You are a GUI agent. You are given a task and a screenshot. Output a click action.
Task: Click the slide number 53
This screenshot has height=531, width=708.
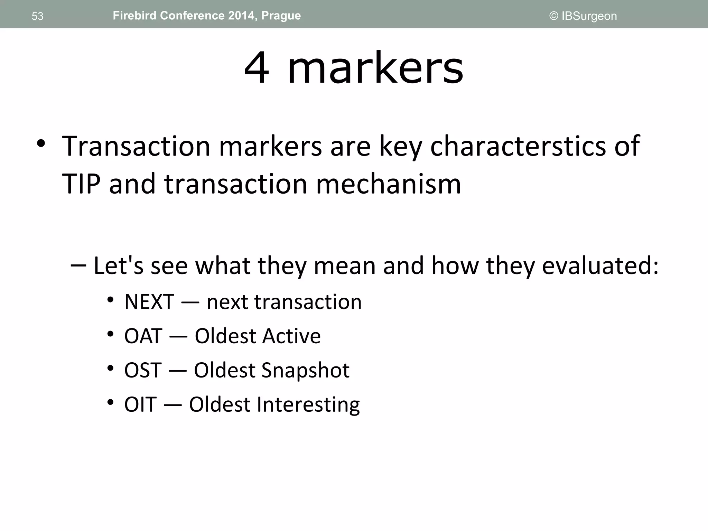(x=37, y=16)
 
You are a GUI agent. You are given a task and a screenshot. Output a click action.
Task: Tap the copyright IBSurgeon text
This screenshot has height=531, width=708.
(x=583, y=16)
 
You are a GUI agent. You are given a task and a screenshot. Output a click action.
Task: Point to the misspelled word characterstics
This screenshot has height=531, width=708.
(x=518, y=146)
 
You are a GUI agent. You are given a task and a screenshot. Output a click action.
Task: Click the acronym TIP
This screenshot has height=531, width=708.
(x=81, y=184)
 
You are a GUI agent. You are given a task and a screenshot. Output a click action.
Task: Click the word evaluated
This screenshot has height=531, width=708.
(x=600, y=265)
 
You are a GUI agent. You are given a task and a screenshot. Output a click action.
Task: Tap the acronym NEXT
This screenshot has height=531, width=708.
(x=149, y=302)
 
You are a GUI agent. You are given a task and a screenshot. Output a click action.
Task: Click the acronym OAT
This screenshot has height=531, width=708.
(x=143, y=336)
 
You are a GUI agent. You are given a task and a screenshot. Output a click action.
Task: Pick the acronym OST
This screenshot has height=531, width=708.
(x=143, y=370)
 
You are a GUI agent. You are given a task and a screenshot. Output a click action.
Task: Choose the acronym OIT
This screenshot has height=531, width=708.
(x=140, y=404)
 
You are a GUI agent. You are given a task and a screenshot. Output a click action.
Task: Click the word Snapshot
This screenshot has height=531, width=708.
(x=305, y=370)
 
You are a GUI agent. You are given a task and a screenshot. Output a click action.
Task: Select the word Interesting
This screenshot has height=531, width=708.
(x=308, y=404)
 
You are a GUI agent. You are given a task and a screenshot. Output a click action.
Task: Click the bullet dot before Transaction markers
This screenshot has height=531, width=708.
(x=41, y=144)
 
